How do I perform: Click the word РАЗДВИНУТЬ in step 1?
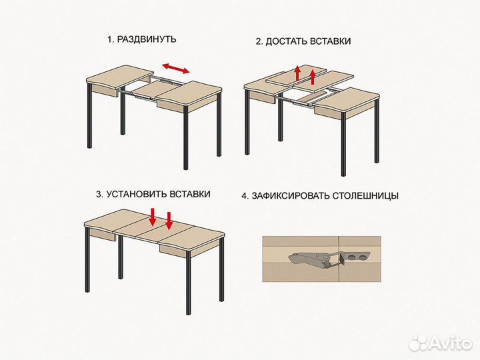pos(147,39)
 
